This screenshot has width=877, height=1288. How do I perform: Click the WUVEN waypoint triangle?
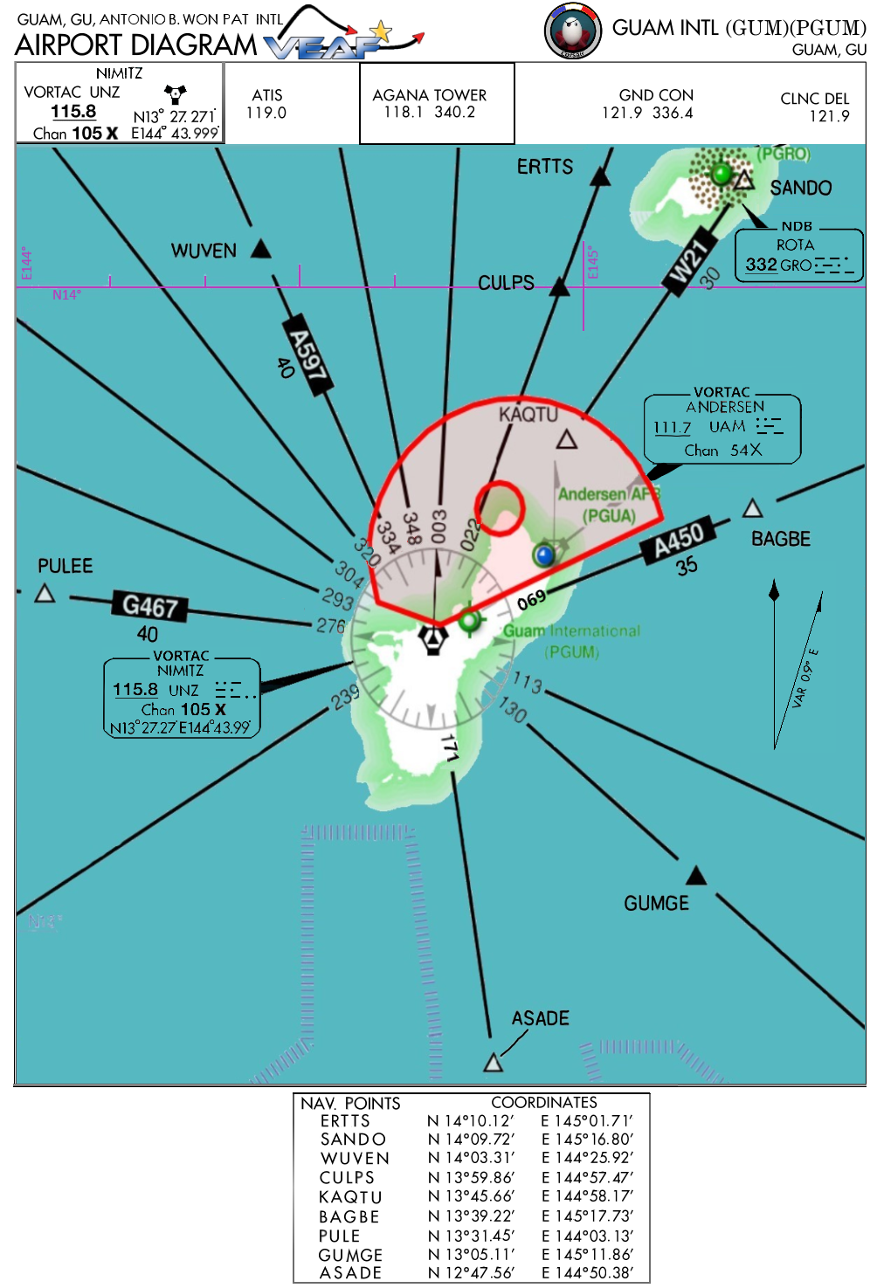click(260, 249)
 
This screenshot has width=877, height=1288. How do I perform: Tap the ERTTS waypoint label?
click(545, 167)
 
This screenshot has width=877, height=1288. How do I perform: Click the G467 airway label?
click(150, 605)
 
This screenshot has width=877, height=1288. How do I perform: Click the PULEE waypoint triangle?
click(45, 594)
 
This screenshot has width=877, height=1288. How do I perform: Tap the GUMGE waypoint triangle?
click(696, 875)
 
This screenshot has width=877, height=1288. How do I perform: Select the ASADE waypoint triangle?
click(494, 1062)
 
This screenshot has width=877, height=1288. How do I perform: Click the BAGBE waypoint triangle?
click(752, 508)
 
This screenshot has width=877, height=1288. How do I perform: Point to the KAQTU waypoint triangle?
click(567, 439)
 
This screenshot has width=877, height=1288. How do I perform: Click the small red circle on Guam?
click(500, 506)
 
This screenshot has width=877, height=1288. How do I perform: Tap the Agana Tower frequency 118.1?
click(403, 113)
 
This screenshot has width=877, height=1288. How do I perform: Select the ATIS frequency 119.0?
click(266, 113)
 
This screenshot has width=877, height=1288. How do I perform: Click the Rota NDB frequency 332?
click(761, 265)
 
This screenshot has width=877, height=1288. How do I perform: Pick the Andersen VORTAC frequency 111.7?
click(672, 427)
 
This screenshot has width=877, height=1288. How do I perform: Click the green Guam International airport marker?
click(470, 620)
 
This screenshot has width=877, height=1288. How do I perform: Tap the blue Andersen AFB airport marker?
click(544, 554)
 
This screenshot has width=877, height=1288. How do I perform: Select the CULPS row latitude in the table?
click(471, 1177)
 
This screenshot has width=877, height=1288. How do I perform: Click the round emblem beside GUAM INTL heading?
click(573, 31)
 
